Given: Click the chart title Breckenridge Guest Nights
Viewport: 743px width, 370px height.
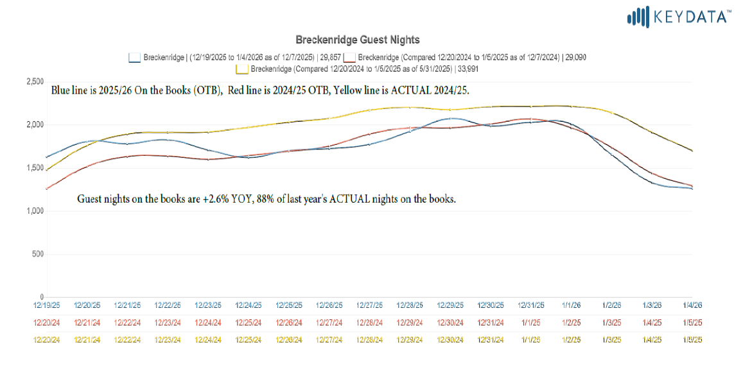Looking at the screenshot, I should pos(357,40).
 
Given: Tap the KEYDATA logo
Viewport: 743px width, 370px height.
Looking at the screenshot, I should pos(679,17).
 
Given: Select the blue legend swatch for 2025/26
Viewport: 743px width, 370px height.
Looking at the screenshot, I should pos(134,57).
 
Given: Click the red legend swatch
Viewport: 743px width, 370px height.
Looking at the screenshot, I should pos(349,57).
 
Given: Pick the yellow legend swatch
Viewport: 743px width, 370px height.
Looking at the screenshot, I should pos(242,69).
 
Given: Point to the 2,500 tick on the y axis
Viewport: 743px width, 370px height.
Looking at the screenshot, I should pos(35,82).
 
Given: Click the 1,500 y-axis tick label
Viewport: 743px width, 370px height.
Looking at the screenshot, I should pos(35,168).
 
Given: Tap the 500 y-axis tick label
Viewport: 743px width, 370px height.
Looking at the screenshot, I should pos(38,254).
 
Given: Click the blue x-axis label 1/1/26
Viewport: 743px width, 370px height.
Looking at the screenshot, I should pos(572,305).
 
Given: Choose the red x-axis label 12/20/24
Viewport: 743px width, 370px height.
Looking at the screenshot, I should pos(47,323).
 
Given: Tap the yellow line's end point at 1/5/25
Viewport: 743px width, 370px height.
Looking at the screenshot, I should pos(692,151).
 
